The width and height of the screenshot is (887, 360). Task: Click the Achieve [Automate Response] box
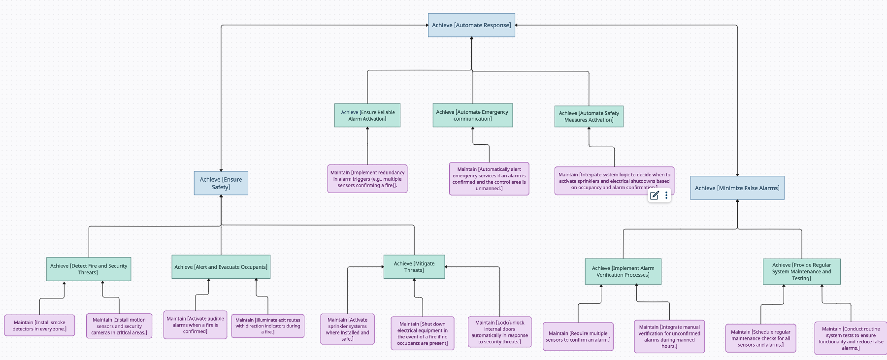(x=471, y=25)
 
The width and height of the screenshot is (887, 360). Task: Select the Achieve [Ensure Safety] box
(x=221, y=183)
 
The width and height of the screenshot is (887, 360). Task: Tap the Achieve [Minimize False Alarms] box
(x=737, y=188)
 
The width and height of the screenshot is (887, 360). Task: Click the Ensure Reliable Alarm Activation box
(x=367, y=116)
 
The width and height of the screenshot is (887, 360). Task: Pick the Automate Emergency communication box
(x=472, y=115)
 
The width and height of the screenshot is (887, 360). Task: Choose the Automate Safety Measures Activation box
(x=589, y=117)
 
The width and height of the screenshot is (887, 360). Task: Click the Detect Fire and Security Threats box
(x=89, y=269)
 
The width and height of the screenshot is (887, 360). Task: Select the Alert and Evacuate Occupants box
(x=221, y=267)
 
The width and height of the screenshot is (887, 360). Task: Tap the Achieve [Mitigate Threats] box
(x=414, y=267)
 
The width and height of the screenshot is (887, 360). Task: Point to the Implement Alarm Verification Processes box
(x=623, y=272)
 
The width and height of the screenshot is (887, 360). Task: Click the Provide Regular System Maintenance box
(x=801, y=272)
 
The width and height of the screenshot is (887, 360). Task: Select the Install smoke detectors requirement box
(x=39, y=326)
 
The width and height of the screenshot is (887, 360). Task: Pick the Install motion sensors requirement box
(x=119, y=326)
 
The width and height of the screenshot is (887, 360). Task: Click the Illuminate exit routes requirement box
(x=268, y=326)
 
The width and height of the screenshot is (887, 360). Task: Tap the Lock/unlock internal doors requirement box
(x=499, y=332)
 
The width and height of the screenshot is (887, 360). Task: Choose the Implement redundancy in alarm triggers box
(x=367, y=179)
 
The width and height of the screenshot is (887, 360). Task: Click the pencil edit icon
(x=654, y=196)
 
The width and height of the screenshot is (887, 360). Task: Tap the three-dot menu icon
(x=666, y=196)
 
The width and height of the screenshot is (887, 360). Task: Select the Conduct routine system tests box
(x=851, y=338)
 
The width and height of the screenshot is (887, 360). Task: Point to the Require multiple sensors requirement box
(x=578, y=337)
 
